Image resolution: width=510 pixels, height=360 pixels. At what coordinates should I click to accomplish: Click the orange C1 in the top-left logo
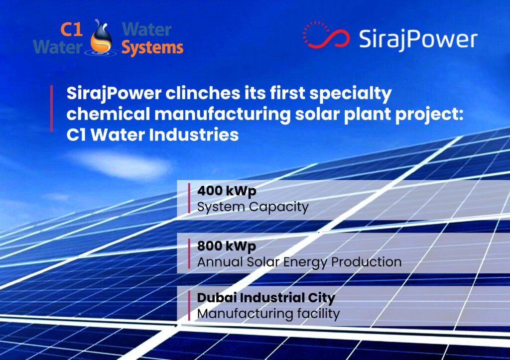tap(71, 29)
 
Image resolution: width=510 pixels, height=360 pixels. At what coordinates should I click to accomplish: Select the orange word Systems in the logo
tap(152, 48)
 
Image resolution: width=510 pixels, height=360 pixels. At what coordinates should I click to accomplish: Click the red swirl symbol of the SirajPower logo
tap(326, 35)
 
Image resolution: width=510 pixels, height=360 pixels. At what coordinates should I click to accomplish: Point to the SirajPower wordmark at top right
tap(418, 39)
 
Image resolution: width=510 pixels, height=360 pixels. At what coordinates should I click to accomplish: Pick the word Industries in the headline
tap(194, 135)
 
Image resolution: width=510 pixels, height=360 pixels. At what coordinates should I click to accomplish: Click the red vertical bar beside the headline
tap(52, 109)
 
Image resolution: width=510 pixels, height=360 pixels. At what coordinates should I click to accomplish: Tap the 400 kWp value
tap(227, 191)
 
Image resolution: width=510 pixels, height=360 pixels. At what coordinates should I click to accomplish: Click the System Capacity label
tap(253, 207)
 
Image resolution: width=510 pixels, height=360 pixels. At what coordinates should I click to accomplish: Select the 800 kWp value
tap(227, 246)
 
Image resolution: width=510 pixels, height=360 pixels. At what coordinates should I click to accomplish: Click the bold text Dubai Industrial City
tap(266, 298)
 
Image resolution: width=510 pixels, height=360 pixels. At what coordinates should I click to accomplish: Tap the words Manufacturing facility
tap(268, 314)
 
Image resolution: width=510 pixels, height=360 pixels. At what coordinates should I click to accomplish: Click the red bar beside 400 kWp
tap(189, 198)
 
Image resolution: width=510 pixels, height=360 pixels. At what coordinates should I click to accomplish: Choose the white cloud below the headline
tap(121, 165)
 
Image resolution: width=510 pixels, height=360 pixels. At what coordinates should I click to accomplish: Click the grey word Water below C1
tap(58, 47)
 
